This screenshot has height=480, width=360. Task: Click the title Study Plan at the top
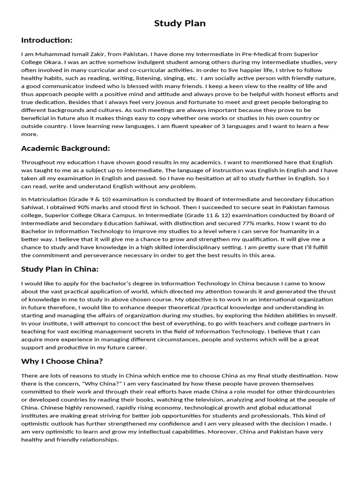tap(180, 23)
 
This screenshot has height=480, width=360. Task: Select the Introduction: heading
tap(47, 40)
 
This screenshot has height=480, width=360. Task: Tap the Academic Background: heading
tap(66, 149)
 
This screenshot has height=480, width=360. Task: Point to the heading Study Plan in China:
tap(60, 269)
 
